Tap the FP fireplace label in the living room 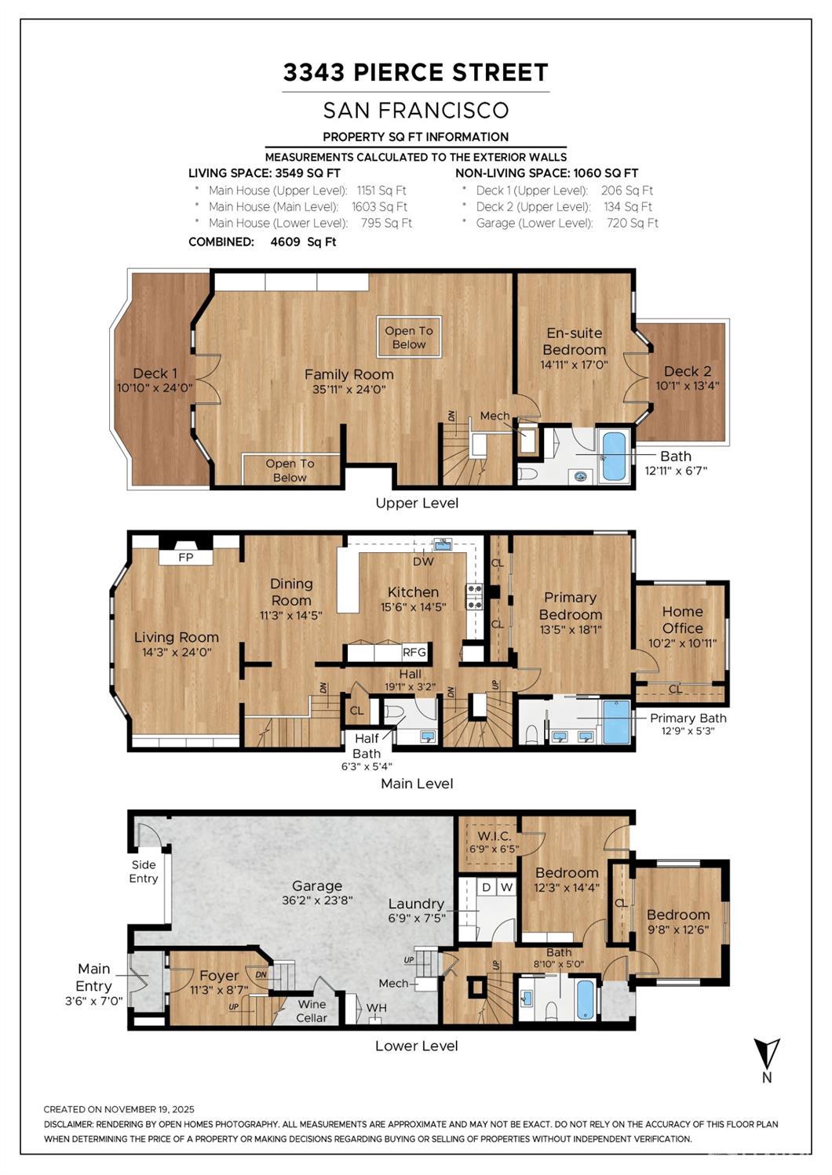click(186, 557)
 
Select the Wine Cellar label click(312, 1011)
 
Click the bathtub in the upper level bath click(613, 456)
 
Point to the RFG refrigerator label click(414, 652)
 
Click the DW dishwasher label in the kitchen click(424, 562)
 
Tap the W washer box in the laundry click(506, 888)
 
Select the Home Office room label click(682, 620)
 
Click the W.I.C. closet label click(494, 836)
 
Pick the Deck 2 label click(688, 371)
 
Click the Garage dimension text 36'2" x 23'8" click(317, 900)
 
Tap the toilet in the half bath click(394, 711)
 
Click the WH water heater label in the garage click(377, 1008)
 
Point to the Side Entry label click(144, 871)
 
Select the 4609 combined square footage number click(286, 242)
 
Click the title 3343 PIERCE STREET click(416, 72)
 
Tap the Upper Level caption click(417, 503)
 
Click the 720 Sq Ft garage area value click(632, 223)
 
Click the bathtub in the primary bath click(617, 722)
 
